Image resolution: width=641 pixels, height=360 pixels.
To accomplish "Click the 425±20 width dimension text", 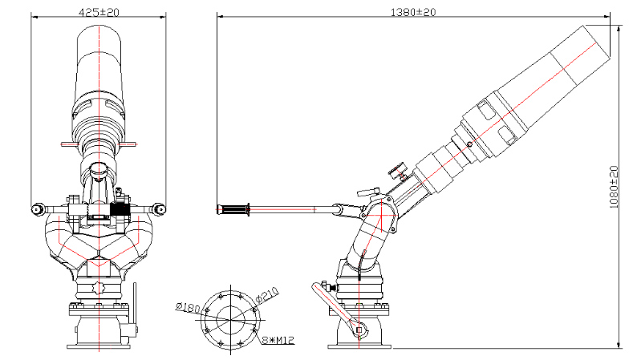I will coord(99,12).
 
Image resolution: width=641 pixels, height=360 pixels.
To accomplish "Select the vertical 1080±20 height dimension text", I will coord(615,188).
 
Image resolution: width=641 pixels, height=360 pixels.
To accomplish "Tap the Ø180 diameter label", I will coord(188,307).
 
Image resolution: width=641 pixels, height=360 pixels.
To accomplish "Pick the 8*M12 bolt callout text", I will coord(278,340).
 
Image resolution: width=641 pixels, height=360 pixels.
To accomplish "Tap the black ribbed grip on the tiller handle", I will coord(234,210).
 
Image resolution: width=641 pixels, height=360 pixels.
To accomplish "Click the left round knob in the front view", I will coord(37,210).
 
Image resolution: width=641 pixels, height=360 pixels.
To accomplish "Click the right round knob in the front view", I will coord(160,210).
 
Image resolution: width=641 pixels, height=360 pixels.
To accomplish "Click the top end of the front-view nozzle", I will coord(99,29).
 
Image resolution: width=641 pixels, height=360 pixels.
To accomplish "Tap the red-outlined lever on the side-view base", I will coord(335,306).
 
